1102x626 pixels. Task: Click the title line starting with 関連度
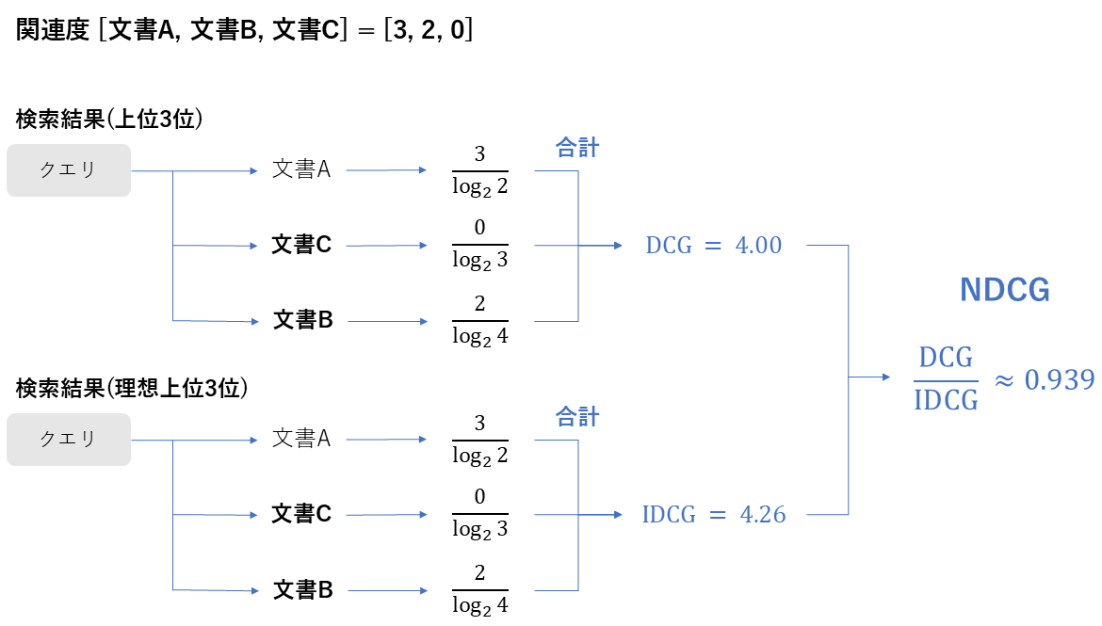pyautogui.click(x=244, y=30)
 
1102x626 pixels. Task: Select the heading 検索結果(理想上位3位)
pyautogui.click(x=132, y=388)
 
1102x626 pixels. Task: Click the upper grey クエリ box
pyautogui.click(x=69, y=170)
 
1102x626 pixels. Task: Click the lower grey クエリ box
pyautogui.click(x=69, y=439)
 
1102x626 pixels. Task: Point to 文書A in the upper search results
pyautogui.click(x=301, y=170)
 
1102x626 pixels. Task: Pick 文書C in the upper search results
pyautogui.click(x=302, y=246)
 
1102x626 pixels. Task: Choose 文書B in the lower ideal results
pyautogui.click(x=302, y=590)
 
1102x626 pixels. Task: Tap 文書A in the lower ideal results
pyautogui.click(x=301, y=439)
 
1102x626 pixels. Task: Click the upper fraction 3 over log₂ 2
pyautogui.click(x=479, y=170)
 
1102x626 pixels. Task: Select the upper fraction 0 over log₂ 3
pyautogui.click(x=479, y=246)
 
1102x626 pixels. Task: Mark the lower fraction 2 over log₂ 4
pyautogui.click(x=479, y=590)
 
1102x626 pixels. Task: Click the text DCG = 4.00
pyautogui.click(x=713, y=246)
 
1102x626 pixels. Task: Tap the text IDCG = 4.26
pyautogui.click(x=713, y=515)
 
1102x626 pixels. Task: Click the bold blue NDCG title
pyautogui.click(x=1004, y=291)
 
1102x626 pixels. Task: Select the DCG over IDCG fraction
pyautogui.click(x=946, y=379)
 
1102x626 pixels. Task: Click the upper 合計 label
pyautogui.click(x=577, y=148)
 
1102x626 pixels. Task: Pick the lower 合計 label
pyautogui.click(x=577, y=416)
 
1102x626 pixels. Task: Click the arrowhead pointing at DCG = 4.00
pyautogui.click(x=618, y=246)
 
